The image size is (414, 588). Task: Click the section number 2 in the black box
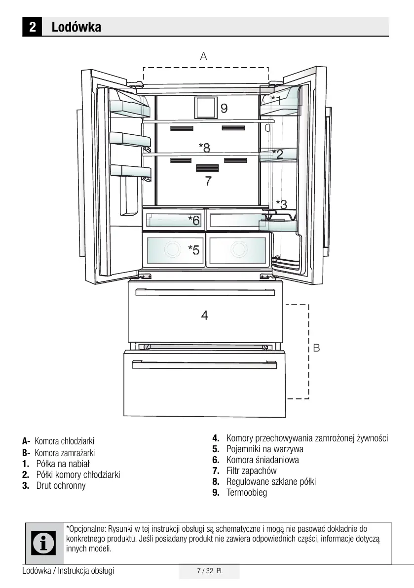32,27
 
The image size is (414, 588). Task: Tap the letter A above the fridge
203,56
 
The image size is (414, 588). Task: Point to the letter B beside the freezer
316,348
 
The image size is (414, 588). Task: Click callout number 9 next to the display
224,108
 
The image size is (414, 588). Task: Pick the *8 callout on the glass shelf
204,147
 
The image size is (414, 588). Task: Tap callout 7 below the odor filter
208,181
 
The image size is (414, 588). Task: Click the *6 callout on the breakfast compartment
193,220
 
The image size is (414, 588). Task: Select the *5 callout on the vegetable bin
193,250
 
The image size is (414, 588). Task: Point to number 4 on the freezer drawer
204,315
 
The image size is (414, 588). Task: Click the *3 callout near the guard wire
281,203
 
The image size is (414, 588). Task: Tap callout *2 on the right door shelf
278,155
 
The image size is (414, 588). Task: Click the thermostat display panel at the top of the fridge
205,107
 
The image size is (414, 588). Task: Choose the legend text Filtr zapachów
251,470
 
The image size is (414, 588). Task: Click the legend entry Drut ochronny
61,485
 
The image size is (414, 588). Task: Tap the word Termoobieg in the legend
246,492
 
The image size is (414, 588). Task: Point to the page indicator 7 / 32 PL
210,571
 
